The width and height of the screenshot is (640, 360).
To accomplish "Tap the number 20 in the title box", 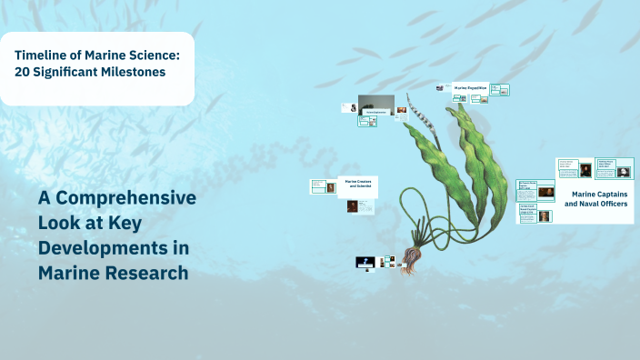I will [x=24, y=72].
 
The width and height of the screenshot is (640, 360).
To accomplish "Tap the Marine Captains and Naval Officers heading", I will [x=596, y=199].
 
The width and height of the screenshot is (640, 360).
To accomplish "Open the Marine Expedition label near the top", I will [x=471, y=88].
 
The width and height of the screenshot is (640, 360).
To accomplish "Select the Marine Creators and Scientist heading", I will [x=357, y=184].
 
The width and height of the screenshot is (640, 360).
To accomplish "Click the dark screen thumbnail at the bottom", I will [x=365, y=263].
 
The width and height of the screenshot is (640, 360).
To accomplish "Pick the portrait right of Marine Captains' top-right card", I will [x=624, y=171].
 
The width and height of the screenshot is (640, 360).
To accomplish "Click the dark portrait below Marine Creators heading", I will [x=352, y=206].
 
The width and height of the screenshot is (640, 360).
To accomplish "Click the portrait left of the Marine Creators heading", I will [x=331, y=186].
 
